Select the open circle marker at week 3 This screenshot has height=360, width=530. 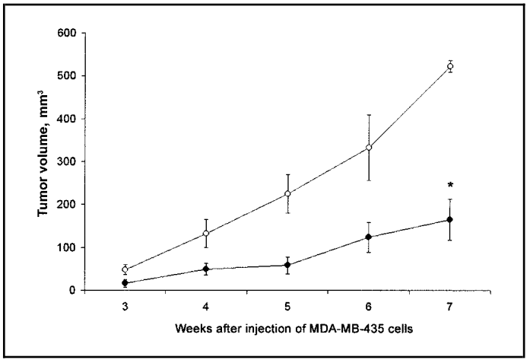[125, 269]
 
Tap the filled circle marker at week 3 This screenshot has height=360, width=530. [125, 283]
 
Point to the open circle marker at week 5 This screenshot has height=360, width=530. [287, 193]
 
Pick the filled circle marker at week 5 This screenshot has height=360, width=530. [287, 265]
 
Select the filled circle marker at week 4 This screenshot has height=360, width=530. [206, 269]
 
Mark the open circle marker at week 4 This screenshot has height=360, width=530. [206, 234]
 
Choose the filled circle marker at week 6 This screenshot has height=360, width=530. [369, 237]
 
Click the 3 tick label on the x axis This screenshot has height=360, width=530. [125, 304]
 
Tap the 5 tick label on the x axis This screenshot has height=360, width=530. [287, 304]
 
